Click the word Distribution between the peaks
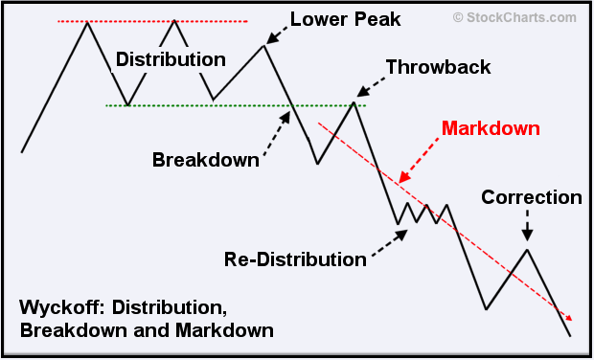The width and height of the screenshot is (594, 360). point(171,59)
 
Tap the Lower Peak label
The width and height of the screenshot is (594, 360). point(345,19)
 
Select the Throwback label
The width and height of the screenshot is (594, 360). point(438,67)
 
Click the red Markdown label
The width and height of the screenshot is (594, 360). point(491,127)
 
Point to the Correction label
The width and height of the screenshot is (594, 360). point(532,198)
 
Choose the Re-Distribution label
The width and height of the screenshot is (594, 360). point(295,259)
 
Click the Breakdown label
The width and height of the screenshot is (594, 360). point(206,160)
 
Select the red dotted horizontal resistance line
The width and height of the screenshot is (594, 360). point(153,21)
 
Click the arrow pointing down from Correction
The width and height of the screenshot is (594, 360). point(527,227)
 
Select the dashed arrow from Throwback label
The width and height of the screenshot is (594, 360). point(372,86)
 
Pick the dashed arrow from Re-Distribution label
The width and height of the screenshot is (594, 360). point(389,244)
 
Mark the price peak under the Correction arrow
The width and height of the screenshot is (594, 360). point(527,250)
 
